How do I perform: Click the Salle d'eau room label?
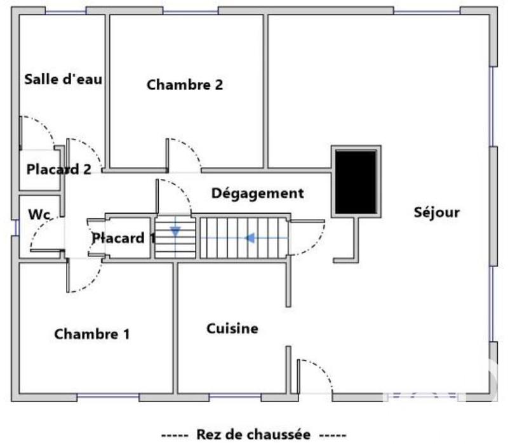coord(63,80)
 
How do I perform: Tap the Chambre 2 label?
coord(185,85)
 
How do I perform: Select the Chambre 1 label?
coord(92,334)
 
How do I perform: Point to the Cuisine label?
coord(232,329)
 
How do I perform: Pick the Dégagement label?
coord(257,193)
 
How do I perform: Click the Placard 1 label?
coord(124,238)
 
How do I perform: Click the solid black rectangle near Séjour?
coord(356,182)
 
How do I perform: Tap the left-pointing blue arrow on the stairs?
coord(250,238)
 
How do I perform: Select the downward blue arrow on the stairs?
coord(175,232)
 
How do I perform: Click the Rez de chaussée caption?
coord(253,434)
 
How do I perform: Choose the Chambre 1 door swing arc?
coord(89,279)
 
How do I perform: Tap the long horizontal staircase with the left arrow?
coord(243,238)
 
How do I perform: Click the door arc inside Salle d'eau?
coord(41,130)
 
